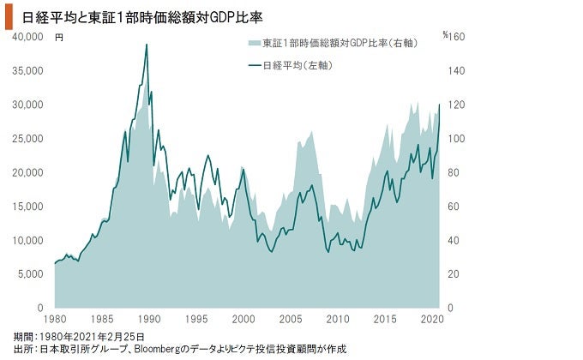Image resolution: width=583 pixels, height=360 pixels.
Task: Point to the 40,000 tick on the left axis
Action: coord(28,37)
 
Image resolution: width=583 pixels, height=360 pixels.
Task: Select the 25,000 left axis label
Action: coord(28,138)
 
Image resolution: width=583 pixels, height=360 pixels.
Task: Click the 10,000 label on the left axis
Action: coord(28,240)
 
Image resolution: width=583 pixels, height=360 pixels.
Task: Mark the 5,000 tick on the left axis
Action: coord(31,273)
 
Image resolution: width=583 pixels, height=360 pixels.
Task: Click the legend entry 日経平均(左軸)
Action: coord(297,65)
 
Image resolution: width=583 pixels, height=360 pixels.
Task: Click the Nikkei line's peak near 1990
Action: coord(147,45)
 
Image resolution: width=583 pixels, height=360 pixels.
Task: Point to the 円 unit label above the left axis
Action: coord(59,38)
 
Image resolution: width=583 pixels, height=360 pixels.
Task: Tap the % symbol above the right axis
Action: coord(446,35)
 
